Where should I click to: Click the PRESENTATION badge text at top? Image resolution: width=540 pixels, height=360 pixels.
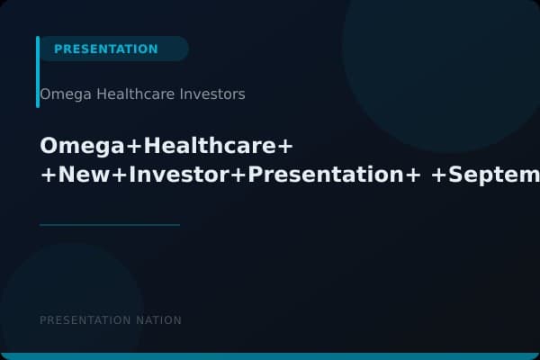[105, 49]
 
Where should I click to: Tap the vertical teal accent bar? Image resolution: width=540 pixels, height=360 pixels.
[38, 72]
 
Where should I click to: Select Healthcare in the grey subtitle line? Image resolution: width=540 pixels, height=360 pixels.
[131, 94]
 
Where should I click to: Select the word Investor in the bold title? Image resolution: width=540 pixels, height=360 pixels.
[178, 175]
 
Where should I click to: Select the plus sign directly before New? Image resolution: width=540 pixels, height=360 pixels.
[48, 176]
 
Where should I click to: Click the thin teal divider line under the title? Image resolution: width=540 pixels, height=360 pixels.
[109, 225]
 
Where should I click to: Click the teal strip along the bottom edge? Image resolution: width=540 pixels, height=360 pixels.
[270, 356]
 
